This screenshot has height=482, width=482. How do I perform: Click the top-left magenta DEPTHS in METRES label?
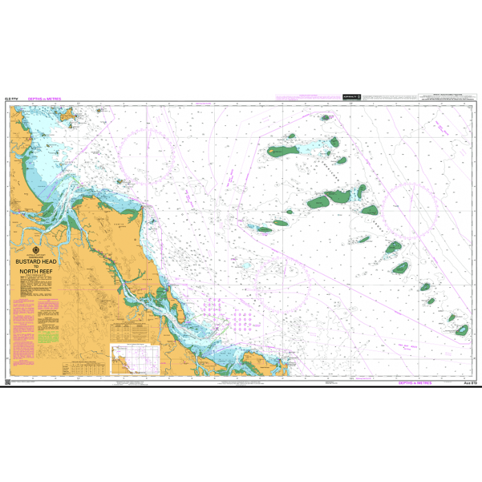click(x=45, y=99)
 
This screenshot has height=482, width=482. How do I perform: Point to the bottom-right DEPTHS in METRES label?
click(x=415, y=382)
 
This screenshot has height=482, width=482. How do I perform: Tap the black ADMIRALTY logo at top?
click(x=351, y=97)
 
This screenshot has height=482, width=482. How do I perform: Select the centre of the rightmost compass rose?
click(x=412, y=207)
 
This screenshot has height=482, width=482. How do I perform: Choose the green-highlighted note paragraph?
click(x=48, y=339)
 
